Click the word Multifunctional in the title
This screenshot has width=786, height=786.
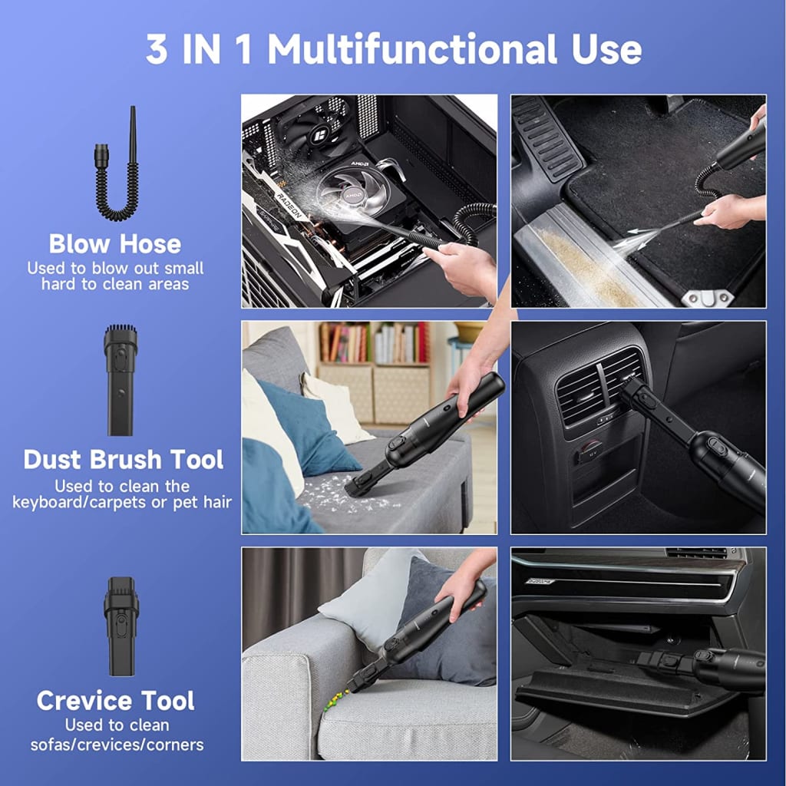(x=412, y=49)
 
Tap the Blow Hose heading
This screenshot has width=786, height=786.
(x=115, y=244)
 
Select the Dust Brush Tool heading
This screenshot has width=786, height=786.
(x=124, y=460)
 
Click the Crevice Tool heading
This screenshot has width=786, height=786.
(x=115, y=701)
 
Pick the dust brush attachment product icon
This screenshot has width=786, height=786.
(x=121, y=380)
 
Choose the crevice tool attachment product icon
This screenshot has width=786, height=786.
(x=121, y=626)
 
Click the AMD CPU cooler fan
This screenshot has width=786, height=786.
(x=352, y=193)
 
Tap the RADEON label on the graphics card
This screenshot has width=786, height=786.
(x=289, y=206)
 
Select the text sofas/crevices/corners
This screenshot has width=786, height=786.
(x=117, y=745)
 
